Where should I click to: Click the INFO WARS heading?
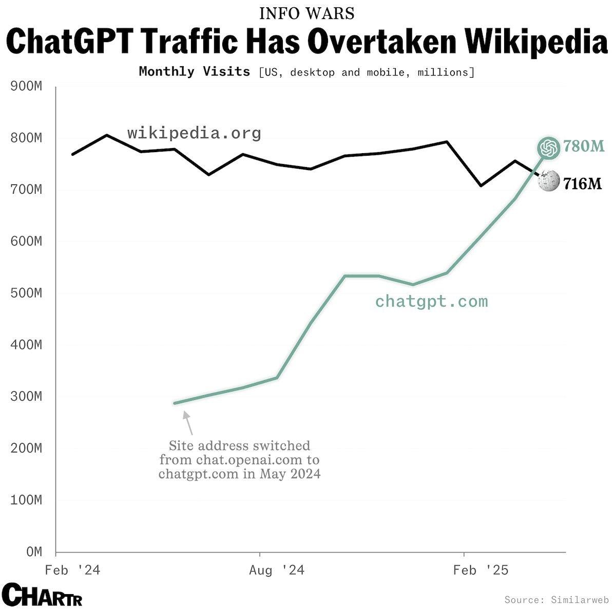point(307,13)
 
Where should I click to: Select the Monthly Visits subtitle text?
point(194,71)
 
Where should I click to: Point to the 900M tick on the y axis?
point(26,86)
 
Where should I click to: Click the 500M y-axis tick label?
point(26,293)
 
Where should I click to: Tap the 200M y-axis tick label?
point(26,449)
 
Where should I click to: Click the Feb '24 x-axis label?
point(72,570)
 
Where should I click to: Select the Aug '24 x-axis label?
point(277,570)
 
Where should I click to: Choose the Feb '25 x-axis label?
point(481,570)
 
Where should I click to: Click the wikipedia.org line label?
point(194,134)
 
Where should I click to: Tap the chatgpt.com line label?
point(431,301)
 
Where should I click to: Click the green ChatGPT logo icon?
point(548,148)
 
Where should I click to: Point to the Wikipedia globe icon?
point(549,181)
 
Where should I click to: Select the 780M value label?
point(584,147)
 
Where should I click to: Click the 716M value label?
point(582,183)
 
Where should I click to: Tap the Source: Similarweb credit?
point(556,600)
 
